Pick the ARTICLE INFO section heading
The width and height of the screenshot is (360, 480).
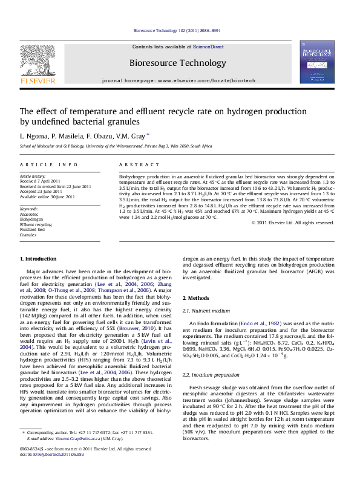pyautogui.click(x=49, y=165)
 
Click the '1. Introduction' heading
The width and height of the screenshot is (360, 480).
pyautogui.click(x=38, y=259)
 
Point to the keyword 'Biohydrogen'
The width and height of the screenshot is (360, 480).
pyautogui.click(x=31, y=219)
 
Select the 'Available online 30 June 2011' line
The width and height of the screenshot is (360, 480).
pyautogui.click(x=48, y=196)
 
